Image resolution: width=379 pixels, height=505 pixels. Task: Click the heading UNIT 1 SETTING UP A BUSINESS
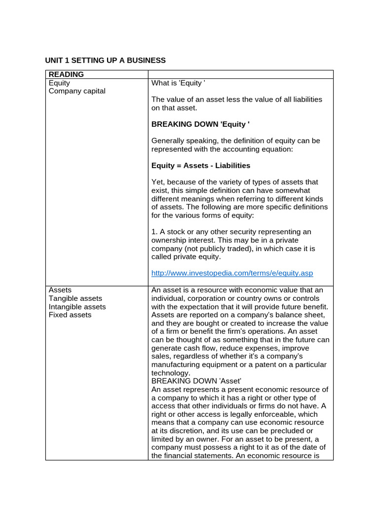click(105, 60)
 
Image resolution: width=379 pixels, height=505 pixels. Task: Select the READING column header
click(66, 74)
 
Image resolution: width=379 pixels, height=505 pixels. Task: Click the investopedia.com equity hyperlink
click(232, 273)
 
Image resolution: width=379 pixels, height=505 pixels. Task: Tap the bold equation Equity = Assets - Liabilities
click(201, 166)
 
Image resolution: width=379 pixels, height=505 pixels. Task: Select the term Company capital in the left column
click(77, 91)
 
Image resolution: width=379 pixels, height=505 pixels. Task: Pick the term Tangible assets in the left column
click(76, 298)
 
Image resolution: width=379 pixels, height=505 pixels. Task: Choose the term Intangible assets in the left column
click(77, 307)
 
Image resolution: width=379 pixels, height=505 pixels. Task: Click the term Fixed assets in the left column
click(70, 315)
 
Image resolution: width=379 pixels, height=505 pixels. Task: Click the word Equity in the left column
click(59, 83)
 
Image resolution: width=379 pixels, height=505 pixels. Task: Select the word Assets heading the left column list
click(60, 290)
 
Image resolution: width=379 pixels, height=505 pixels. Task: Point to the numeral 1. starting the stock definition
click(155, 232)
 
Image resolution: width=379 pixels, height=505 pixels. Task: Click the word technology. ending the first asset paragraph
click(171, 373)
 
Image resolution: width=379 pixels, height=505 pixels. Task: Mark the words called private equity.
click(187, 256)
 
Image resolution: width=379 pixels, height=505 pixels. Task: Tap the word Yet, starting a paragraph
click(159, 182)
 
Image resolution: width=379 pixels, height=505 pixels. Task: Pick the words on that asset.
click(174, 108)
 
